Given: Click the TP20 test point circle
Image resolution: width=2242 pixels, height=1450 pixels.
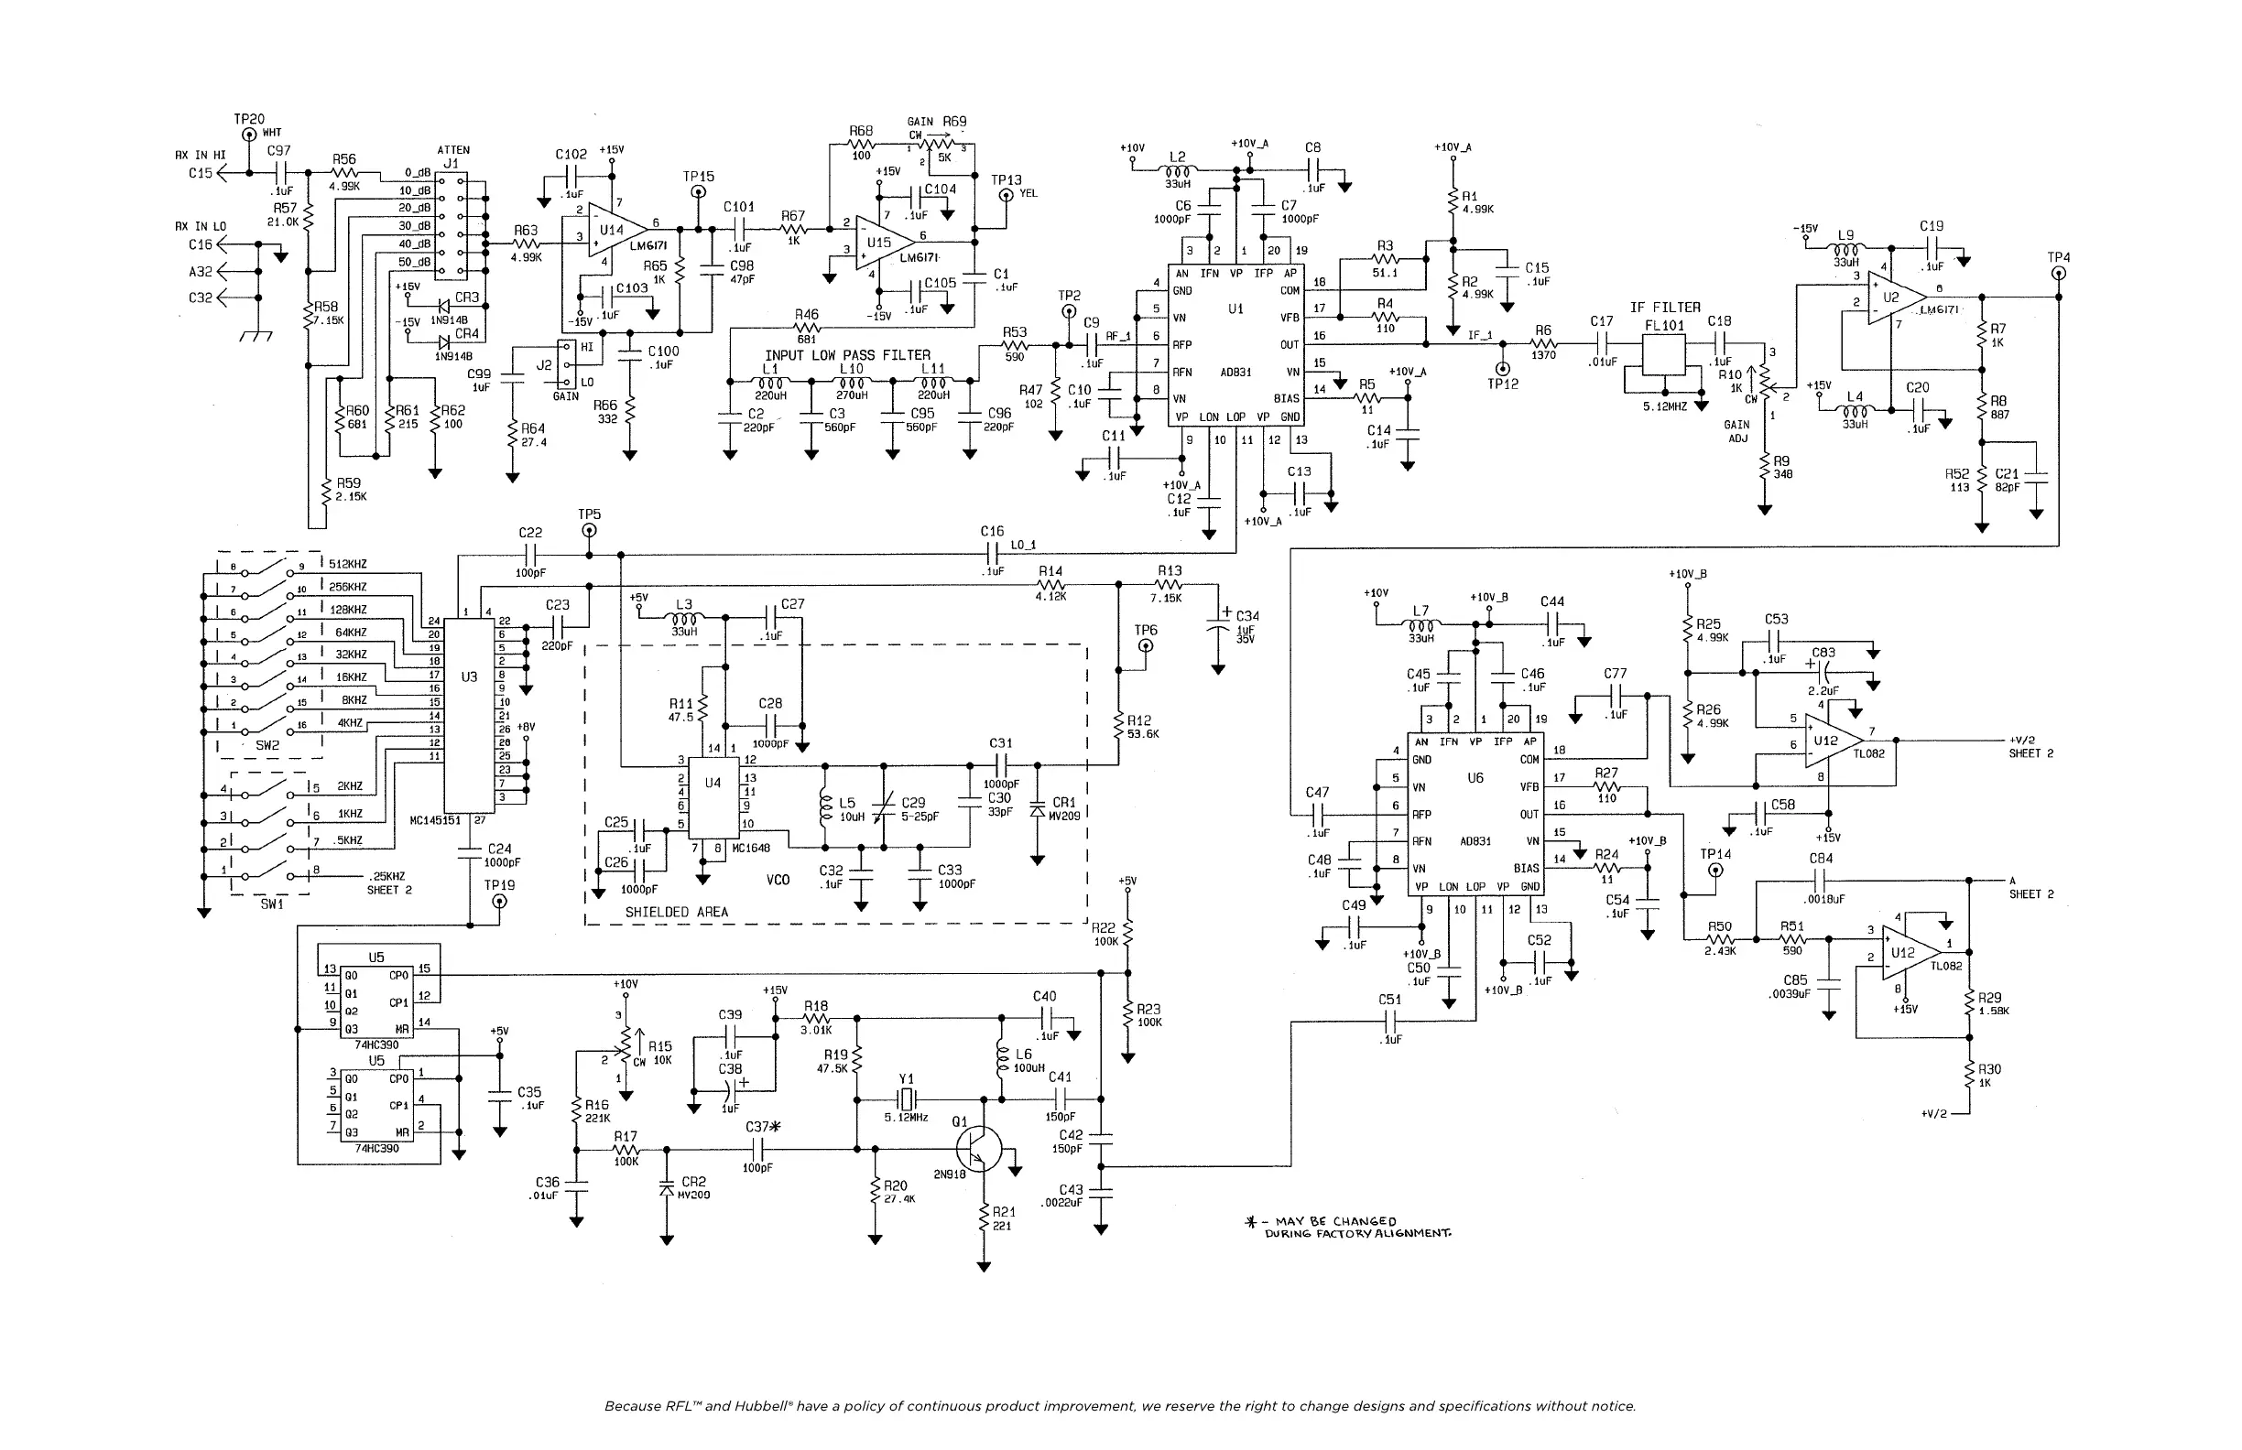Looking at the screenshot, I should click(x=249, y=135).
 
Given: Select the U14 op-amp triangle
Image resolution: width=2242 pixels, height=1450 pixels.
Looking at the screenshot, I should click(x=615, y=230).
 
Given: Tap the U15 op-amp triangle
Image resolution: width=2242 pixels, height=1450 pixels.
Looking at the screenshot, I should click(x=883, y=242).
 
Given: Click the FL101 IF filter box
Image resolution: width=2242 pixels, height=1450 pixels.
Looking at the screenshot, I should click(x=1663, y=356).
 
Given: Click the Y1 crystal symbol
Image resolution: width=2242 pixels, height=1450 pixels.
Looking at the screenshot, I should click(x=905, y=1098).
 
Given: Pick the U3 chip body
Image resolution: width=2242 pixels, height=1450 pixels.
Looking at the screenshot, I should click(x=469, y=715).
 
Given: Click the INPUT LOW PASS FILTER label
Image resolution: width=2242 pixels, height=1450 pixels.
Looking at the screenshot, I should click(x=847, y=355).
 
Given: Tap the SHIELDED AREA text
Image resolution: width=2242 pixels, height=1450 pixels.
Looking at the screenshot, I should click(x=677, y=912).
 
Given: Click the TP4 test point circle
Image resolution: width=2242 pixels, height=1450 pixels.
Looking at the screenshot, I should click(x=2058, y=274).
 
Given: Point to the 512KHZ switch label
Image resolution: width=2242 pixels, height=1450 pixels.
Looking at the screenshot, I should click(x=348, y=564).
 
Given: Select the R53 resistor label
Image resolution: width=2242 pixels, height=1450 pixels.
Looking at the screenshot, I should click(x=1014, y=332).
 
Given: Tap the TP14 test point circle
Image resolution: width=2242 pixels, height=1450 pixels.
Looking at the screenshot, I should click(x=1714, y=871).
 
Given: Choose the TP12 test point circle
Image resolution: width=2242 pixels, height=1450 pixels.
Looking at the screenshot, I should click(x=1503, y=368).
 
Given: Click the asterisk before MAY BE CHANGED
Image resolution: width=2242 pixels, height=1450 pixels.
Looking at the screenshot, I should click(x=1251, y=1222).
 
